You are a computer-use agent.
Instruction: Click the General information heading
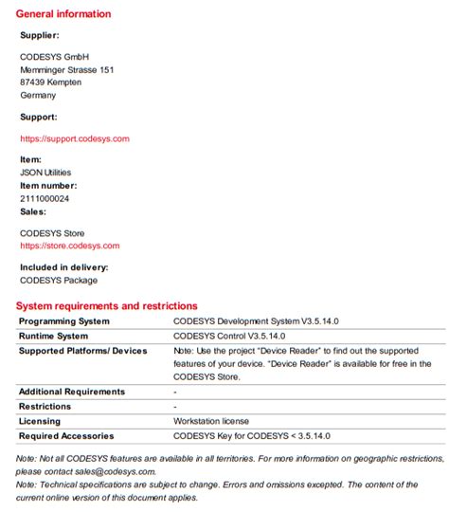(x=63, y=14)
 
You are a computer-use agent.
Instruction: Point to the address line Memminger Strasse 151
(x=67, y=69)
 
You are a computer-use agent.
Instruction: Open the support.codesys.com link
(x=75, y=138)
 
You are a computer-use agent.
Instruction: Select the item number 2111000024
(x=45, y=199)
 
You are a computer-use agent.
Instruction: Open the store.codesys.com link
(x=69, y=246)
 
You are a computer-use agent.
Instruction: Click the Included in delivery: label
(x=63, y=267)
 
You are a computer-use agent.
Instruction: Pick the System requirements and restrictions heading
(x=107, y=306)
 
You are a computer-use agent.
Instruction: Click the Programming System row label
(x=64, y=321)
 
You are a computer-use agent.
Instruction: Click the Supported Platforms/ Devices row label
(x=83, y=351)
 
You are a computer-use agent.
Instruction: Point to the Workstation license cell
(x=212, y=421)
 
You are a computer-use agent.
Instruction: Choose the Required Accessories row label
(x=66, y=436)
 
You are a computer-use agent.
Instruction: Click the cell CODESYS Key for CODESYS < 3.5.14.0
(x=252, y=436)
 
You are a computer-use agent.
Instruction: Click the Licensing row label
(x=40, y=421)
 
